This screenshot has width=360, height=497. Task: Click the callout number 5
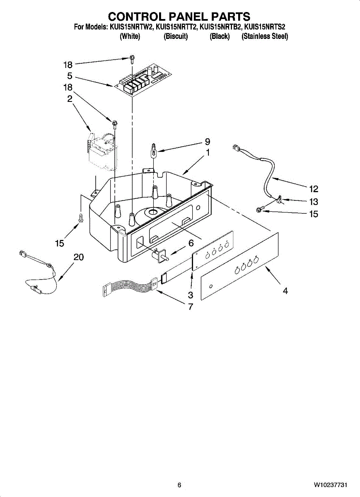[70, 76]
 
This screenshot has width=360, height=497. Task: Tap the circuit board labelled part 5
[141, 79]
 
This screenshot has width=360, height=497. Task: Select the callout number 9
[208, 142]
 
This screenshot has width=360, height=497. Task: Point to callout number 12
[314, 189]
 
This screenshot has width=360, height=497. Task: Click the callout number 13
[314, 202]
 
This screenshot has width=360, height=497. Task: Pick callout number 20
[79, 257]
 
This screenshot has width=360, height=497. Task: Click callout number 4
[285, 291]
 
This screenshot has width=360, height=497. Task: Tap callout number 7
[191, 307]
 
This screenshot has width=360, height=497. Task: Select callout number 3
[191, 295]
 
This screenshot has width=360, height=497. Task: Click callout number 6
[191, 244]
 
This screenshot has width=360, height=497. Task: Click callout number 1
[208, 152]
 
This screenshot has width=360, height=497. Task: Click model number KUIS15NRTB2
[220, 27]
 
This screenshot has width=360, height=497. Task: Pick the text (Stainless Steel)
[265, 36]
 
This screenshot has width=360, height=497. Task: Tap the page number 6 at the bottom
[179, 485]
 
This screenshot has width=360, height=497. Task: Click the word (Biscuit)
[176, 36]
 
